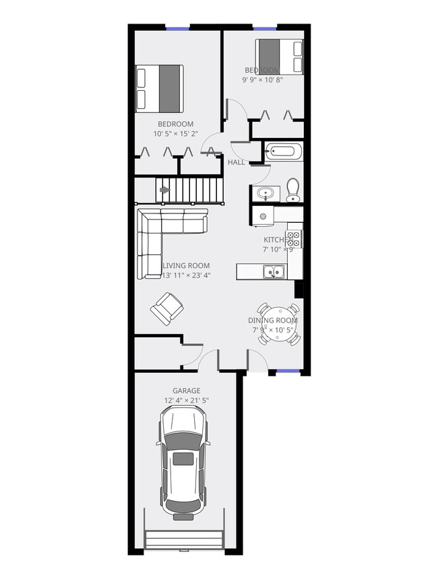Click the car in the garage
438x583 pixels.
click(x=183, y=464)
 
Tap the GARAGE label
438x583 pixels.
click(x=186, y=390)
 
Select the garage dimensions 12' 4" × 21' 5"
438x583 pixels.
click(x=186, y=401)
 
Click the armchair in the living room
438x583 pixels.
click(x=166, y=309)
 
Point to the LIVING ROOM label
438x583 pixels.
click(x=186, y=265)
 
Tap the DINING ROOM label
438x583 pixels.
click(x=273, y=320)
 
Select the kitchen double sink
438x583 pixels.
click(x=274, y=272)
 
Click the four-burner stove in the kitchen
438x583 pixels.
click(x=294, y=238)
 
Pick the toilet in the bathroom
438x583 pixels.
click(x=293, y=190)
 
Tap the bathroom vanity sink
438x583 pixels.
click(x=265, y=194)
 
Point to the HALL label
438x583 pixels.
click(x=236, y=163)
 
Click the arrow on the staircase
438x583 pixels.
click(x=164, y=190)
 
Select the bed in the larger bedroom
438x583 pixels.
click(x=160, y=88)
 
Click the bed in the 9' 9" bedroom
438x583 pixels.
click(x=279, y=57)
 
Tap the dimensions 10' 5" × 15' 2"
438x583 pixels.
click(x=175, y=133)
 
